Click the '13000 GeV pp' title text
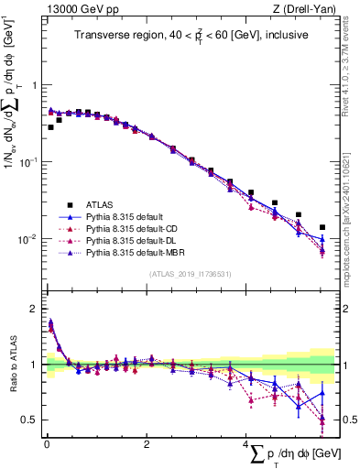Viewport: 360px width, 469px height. click(x=75, y=9)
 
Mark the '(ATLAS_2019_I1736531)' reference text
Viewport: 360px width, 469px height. click(x=190, y=273)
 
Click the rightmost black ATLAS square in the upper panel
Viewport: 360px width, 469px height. click(x=322, y=227)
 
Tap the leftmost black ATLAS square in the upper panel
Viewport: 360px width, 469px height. click(x=50, y=127)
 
